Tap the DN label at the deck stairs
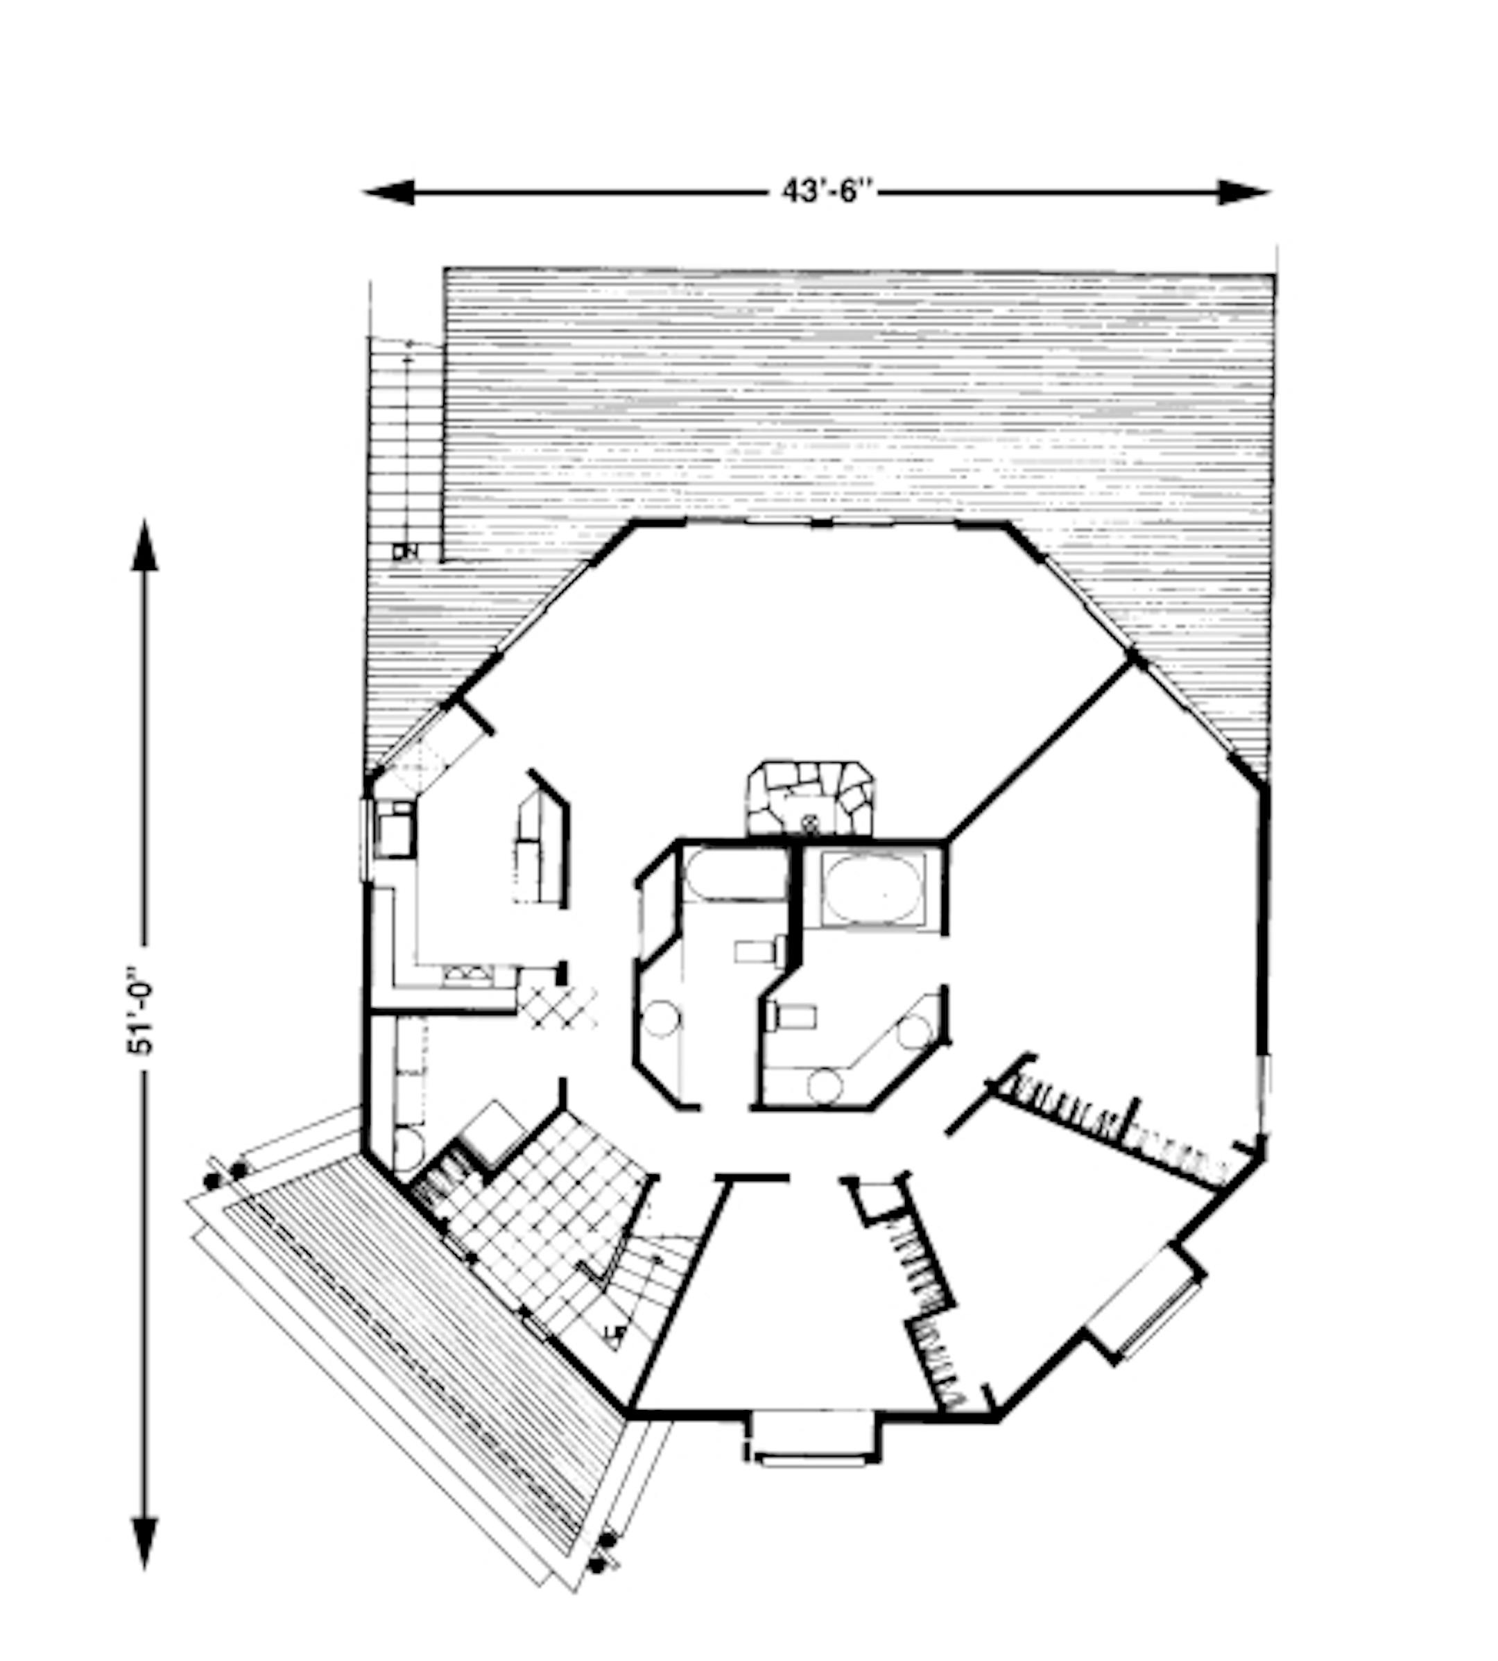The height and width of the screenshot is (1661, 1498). tap(405, 553)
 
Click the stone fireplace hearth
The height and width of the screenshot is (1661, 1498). tap(810, 798)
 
